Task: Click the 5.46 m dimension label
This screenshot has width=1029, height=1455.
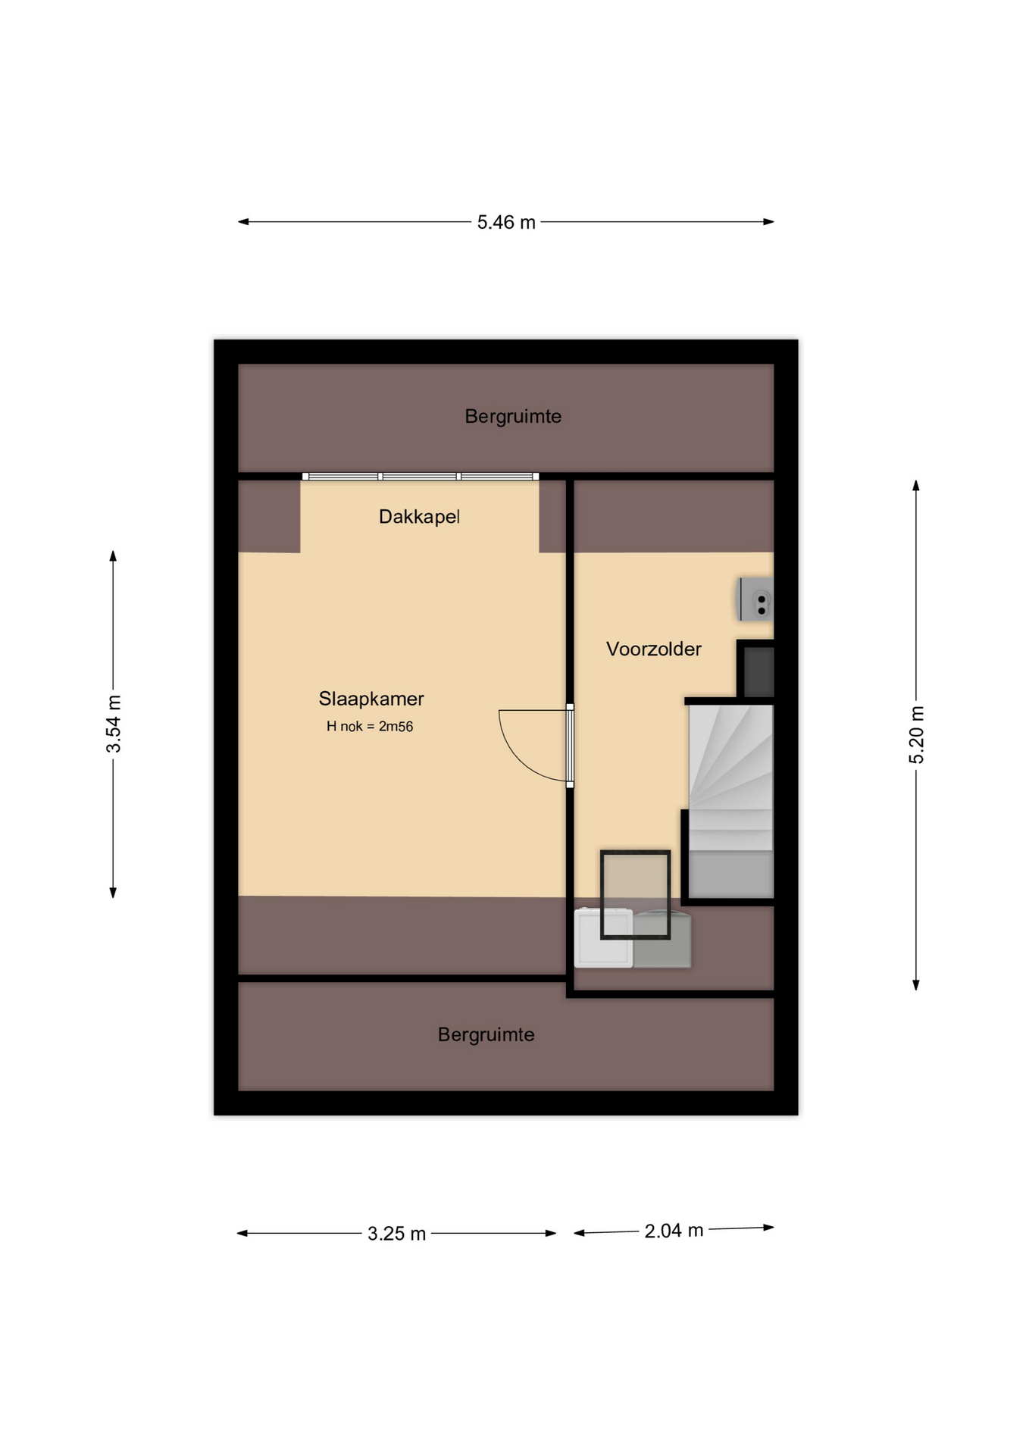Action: [x=506, y=222]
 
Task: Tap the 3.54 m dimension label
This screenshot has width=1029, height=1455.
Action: [x=114, y=724]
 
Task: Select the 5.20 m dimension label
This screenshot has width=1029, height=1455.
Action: [x=917, y=734]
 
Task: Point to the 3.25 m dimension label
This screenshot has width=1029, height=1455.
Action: [x=396, y=1234]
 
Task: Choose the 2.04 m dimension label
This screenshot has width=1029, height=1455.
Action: [x=674, y=1231]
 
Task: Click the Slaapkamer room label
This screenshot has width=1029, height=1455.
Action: [x=371, y=699]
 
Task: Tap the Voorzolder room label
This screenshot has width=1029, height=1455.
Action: [x=654, y=649]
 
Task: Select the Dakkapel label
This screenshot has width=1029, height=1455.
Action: [x=419, y=517]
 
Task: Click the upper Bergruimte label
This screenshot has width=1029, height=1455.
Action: [x=513, y=416]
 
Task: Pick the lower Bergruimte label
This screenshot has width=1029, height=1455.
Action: [x=486, y=1034]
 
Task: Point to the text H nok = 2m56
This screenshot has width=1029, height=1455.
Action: [x=370, y=727]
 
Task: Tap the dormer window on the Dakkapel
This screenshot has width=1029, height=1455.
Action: [x=421, y=477]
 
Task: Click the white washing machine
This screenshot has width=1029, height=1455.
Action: [x=603, y=938]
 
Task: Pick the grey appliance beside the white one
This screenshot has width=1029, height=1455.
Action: [x=662, y=939]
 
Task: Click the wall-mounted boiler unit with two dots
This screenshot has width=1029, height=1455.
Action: [x=756, y=599]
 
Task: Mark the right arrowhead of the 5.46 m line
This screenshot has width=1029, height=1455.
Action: [x=768, y=222]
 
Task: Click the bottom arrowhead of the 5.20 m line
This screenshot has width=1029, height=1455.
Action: [x=916, y=985]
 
